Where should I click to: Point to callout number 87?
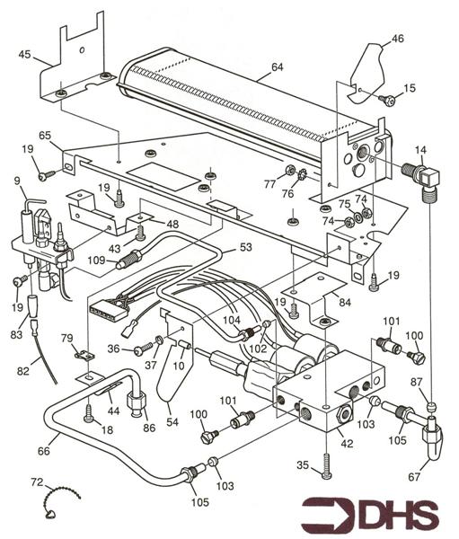tap(418, 384)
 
